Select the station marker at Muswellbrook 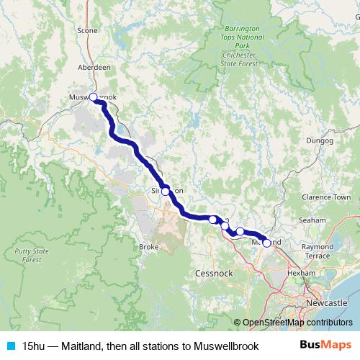pyautogui.click(x=93, y=96)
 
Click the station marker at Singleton pyautogui.click(x=166, y=192)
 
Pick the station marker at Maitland pyautogui.click(x=266, y=243)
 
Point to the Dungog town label pyautogui.click(x=318, y=140)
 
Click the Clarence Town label pyautogui.click(x=326, y=197)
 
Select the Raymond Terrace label pyautogui.click(x=318, y=251)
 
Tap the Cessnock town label pyautogui.click(x=213, y=274)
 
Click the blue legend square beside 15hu pyautogui.click(x=10, y=346)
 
